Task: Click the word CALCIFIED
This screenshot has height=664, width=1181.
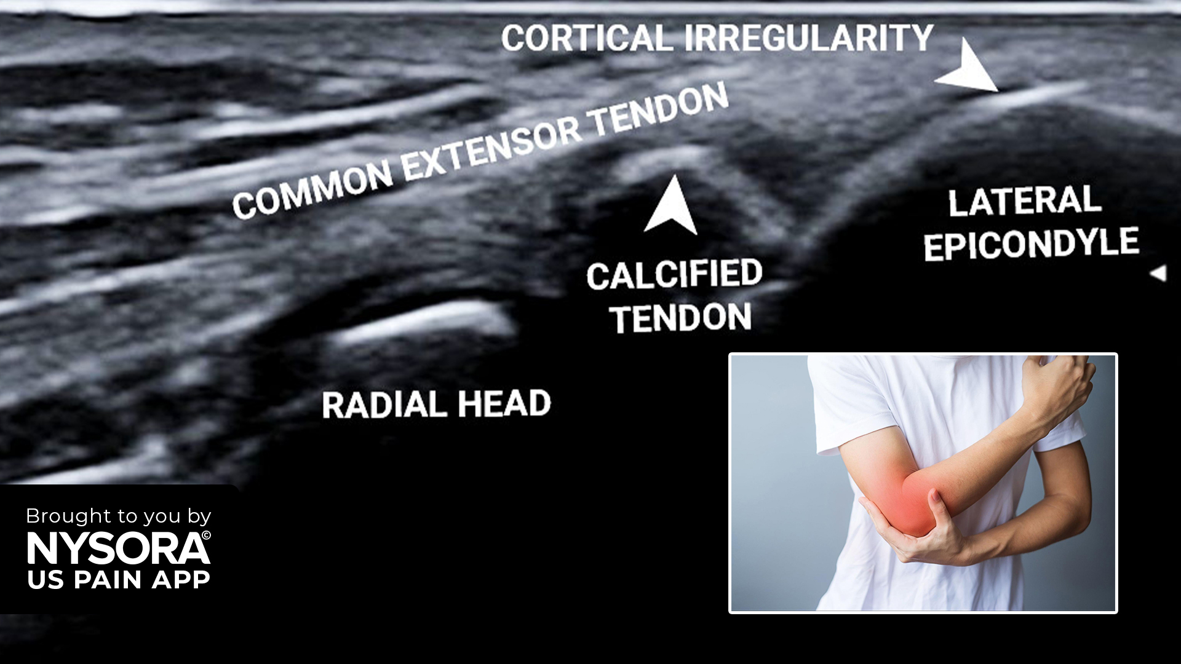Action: (675, 275)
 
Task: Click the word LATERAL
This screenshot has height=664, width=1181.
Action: (1024, 202)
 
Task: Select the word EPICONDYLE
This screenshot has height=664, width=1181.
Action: (1032, 244)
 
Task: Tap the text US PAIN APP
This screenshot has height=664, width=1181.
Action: (119, 580)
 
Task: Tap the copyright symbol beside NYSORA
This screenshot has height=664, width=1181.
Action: (206, 536)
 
